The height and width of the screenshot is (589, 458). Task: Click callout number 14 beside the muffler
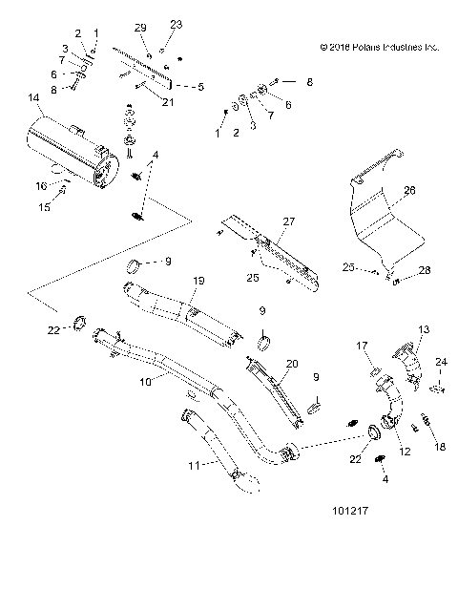coord(34,98)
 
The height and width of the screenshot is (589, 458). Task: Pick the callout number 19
coord(200,280)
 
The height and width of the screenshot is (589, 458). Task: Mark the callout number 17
coord(363,345)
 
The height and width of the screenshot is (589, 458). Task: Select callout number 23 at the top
coord(176,23)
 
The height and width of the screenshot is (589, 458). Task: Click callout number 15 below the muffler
coord(41,206)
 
